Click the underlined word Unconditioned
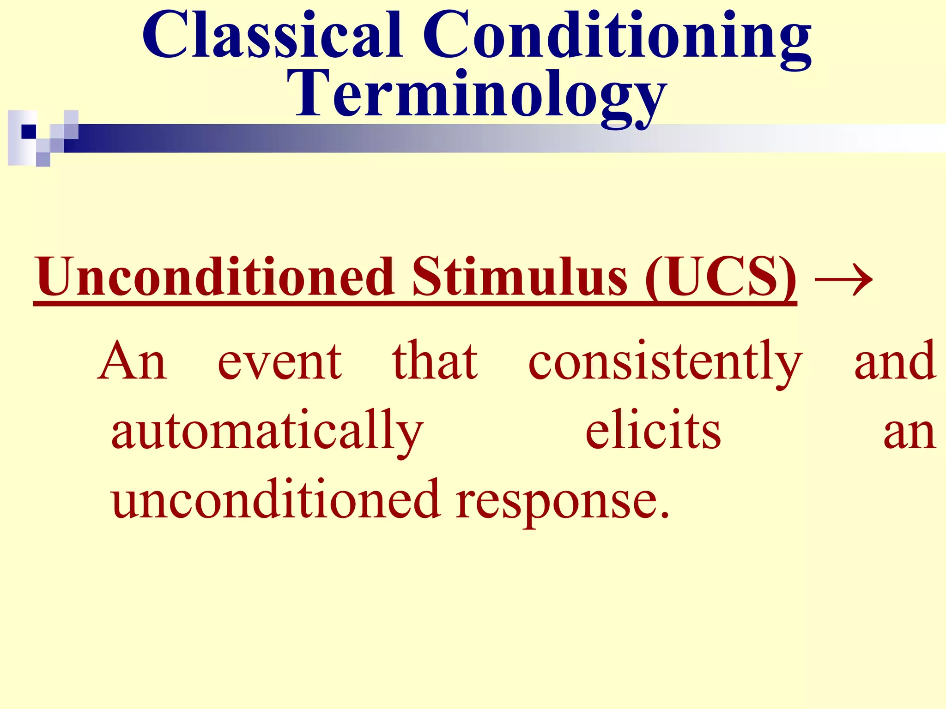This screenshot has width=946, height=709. [x=215, y=277]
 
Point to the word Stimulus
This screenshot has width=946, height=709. [x=519, y=277]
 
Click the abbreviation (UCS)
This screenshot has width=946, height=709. [x=721, y=277]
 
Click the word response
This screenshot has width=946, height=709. [x=554, y=503]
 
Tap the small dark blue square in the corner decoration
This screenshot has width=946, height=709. [x=29, y=132]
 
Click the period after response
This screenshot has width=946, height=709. [x=664, y=514]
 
